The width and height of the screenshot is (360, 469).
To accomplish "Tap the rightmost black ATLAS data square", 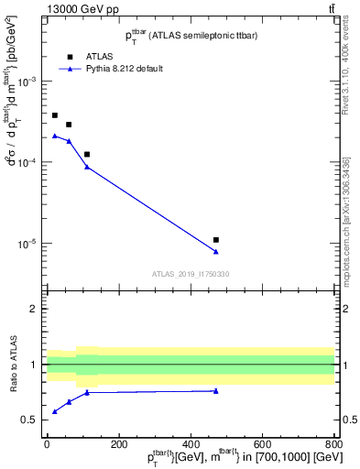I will [216, 240].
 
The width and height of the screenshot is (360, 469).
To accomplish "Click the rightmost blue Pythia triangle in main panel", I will [216, 252].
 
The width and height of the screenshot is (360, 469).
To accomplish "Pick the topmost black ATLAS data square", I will [55, 115].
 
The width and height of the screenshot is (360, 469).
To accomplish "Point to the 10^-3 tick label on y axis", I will [30, 82].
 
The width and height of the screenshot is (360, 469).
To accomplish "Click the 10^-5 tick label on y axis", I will [30, 245].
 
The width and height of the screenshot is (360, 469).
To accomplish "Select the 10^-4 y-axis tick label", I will [30, 163].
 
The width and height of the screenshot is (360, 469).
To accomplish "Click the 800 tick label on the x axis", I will [334, 446].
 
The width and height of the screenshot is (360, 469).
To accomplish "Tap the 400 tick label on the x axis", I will [191, 446].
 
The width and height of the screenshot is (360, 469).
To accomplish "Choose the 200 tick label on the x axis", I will [118, 446].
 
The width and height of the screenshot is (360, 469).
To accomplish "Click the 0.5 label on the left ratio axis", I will [33, 420].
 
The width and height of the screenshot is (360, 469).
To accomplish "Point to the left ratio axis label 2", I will [36, 310].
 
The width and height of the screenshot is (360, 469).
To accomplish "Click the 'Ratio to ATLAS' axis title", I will [14, 365].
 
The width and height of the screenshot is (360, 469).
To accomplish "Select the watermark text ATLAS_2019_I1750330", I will [191, 274].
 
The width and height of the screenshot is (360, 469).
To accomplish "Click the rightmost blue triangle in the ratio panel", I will [216, 391].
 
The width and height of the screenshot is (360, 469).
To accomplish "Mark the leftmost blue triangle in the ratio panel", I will [55, 411].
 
